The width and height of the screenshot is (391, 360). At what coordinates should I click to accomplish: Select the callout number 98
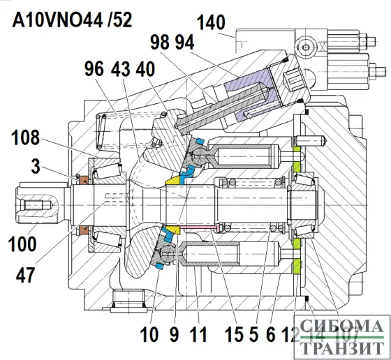coord(160,44)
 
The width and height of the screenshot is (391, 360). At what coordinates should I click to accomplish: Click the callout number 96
coord(94,70)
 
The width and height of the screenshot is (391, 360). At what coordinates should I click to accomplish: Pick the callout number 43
coord(120,70)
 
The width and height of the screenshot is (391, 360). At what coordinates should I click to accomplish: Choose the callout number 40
coord(146,70)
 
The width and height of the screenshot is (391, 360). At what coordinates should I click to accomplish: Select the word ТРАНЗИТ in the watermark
coord(341,346)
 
